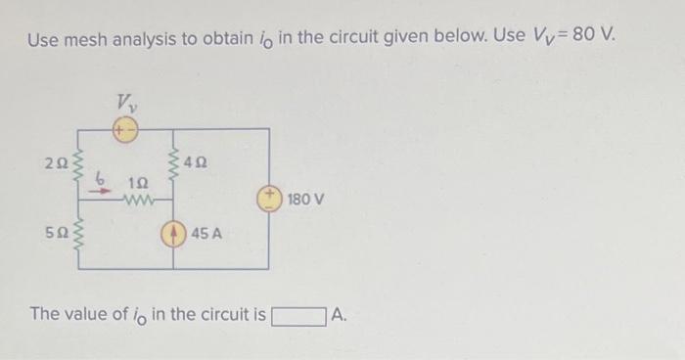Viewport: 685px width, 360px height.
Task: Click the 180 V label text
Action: click(305, 200)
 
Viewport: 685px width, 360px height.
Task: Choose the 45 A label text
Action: click(207, 235)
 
